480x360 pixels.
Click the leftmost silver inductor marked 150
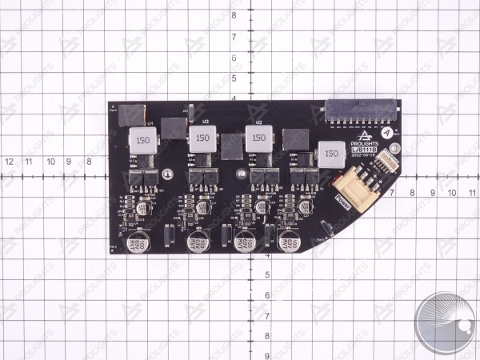[x=142, y=141]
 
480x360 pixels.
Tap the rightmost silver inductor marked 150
[x=332, y=152]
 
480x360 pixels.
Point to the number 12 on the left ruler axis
[x=10, y=162]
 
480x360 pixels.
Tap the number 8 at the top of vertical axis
[x=233, y=16]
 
